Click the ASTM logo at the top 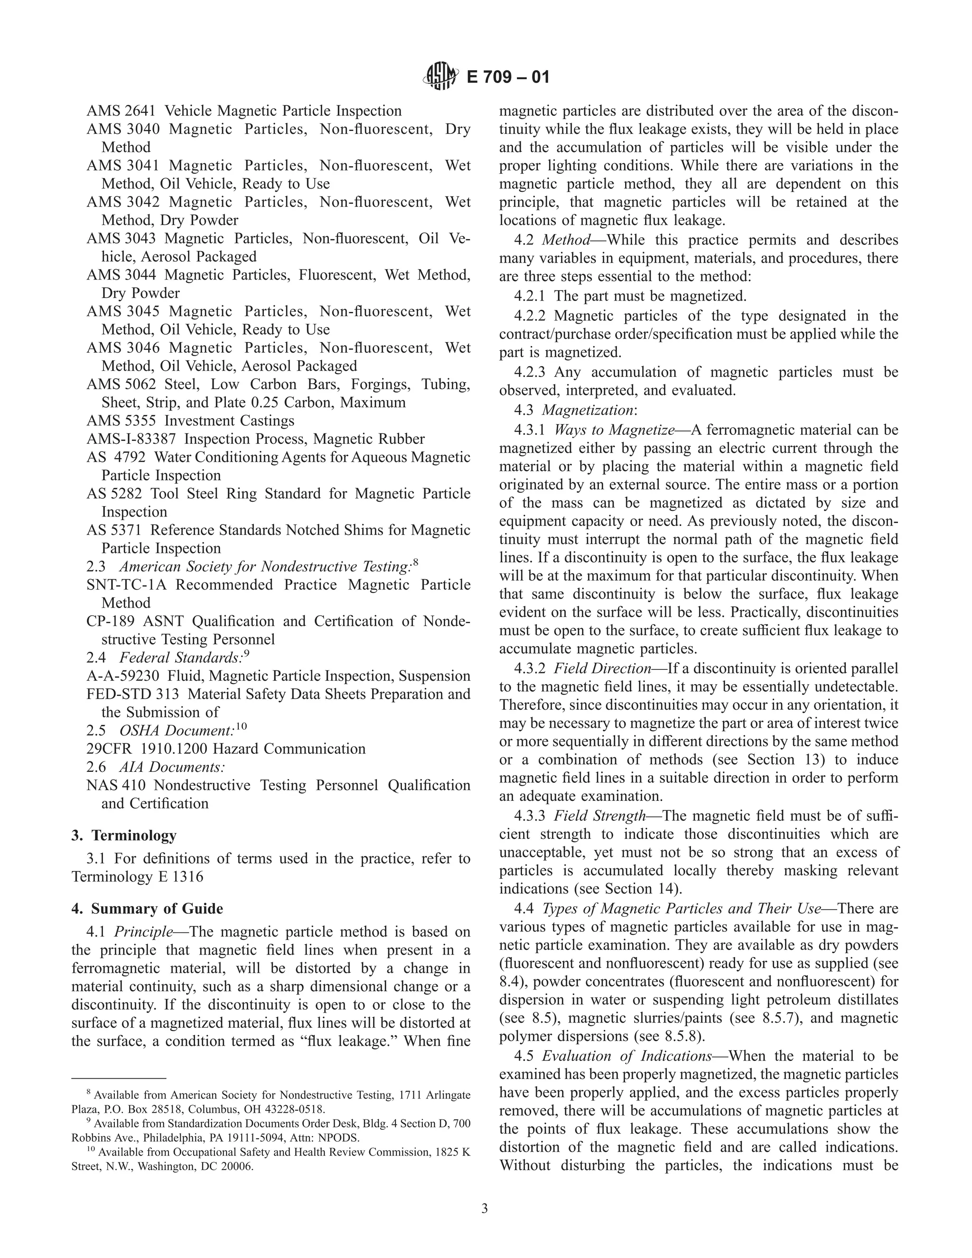point(441,76)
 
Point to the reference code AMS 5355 point(121,421)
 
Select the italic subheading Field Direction point(602,668)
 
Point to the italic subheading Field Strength point(599,816)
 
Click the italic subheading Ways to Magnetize point(614,430)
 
